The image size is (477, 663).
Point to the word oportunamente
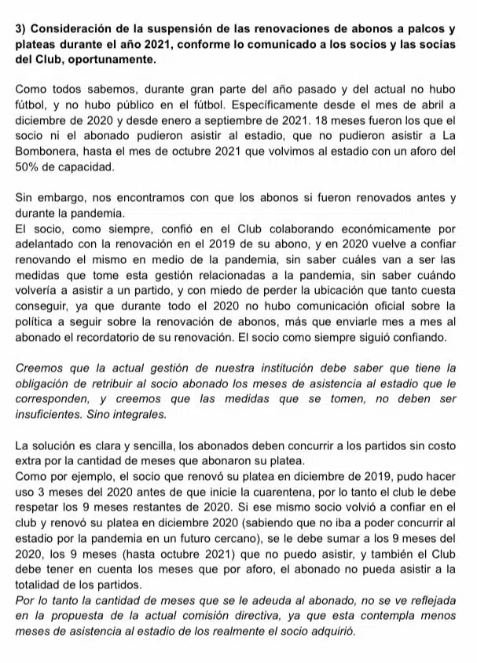point(116,59)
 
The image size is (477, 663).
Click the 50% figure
point(28,167)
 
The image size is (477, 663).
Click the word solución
point(57,446)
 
